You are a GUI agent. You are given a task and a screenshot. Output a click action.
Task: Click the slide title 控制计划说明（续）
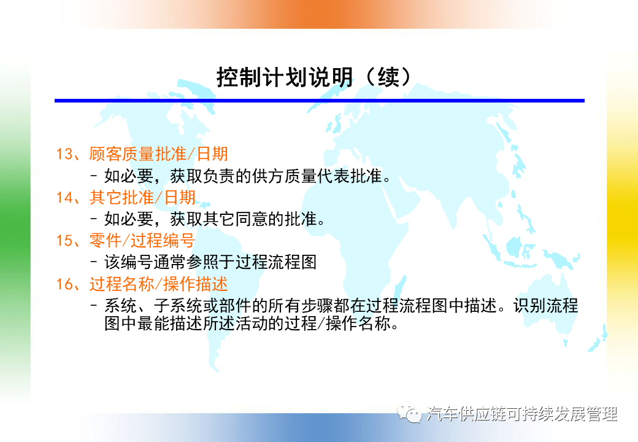(313, 77)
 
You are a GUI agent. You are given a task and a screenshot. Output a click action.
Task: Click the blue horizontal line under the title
(320, 101)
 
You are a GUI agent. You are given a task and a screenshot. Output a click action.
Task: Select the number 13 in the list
(64, 154)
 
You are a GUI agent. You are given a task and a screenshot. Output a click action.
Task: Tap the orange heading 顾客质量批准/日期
(159, 154)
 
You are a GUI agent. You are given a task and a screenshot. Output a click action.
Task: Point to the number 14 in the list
(64, 198)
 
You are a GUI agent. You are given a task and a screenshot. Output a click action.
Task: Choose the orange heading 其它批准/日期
(142, 198)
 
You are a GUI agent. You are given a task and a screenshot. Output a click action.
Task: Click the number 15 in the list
(64, 241)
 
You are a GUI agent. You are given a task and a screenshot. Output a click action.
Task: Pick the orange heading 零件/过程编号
(142, 241)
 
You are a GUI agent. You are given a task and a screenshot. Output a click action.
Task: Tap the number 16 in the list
(64, 284)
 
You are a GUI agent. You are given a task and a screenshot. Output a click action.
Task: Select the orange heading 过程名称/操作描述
(159, 284)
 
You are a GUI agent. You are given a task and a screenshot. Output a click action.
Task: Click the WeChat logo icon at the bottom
(409, 413)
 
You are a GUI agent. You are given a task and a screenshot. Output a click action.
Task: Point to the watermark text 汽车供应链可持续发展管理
(522, 414)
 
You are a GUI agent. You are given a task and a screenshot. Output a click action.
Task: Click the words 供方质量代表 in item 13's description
(301, 176)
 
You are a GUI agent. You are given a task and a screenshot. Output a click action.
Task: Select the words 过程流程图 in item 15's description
(276, 263)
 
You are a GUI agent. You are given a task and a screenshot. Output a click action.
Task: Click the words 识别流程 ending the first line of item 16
(545, 306)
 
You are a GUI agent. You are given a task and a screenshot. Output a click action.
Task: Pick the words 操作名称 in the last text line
(358, 324)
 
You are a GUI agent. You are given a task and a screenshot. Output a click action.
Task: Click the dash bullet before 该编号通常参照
(94, 263)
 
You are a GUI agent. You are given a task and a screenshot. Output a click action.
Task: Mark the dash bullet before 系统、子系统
(94, 306)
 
